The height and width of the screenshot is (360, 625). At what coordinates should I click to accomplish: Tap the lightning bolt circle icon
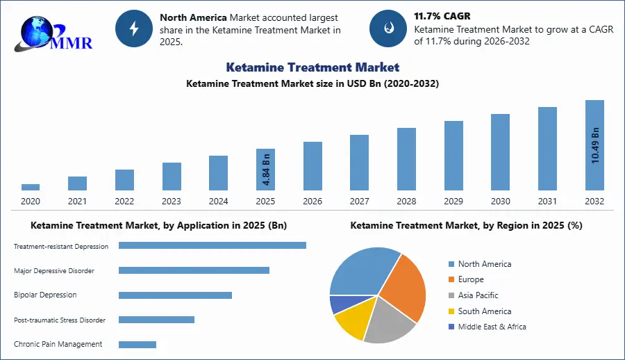tap(134, 28)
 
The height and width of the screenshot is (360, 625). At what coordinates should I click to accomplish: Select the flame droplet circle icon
tap(388, 28)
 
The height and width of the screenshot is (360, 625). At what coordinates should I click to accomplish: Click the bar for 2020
tap(31, 187)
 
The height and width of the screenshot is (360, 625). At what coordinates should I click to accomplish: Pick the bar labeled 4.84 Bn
tap(265, 169)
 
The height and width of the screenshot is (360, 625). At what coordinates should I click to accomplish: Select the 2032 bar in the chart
tap(594, 145)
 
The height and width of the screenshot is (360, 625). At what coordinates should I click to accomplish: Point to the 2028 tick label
tap(406, 202)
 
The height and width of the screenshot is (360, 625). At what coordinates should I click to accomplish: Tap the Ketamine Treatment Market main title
tap(312, 67)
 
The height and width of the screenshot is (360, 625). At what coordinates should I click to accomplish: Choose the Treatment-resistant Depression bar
tap(212, 245)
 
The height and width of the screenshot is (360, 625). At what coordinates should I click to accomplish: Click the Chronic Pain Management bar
tap(137, 344)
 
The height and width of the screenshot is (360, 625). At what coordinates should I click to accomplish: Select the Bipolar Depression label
tap(45, 295)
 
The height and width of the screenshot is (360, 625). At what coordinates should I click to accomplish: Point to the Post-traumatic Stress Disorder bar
tap(156, 320)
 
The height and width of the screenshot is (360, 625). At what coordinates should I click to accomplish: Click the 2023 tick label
tap(172, 202)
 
